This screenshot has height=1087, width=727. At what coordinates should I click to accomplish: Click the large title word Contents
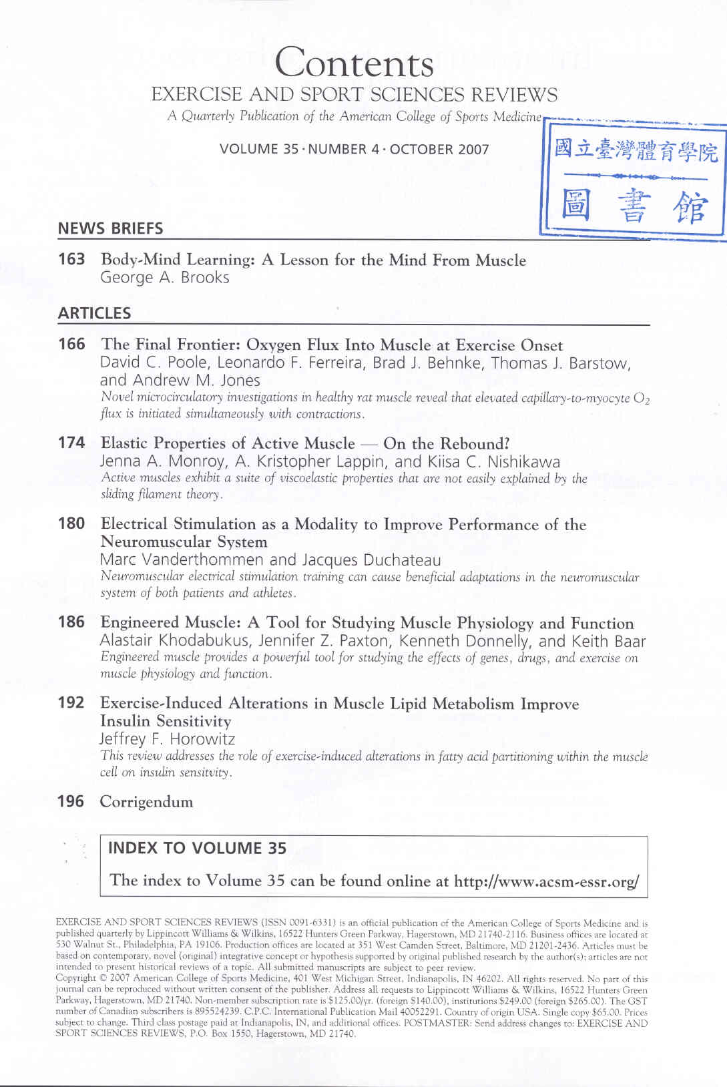[x=354, y=63]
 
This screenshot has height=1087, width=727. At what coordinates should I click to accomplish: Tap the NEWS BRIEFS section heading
[x=110, y=228]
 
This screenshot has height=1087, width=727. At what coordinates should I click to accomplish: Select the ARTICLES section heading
[x=94, y=313]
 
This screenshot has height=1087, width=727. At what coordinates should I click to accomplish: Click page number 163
[x=71, y=259]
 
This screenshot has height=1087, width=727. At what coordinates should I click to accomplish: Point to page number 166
[x=71, y=344]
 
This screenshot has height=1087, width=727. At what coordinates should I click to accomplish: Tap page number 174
[x=71, y=443]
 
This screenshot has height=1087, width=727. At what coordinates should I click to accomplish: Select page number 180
[x=71, y=523]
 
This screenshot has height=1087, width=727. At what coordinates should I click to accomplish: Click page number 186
[x=71, y=622]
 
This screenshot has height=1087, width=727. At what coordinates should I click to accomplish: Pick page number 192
[x=71, y=702]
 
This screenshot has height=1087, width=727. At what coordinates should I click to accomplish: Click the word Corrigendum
[x=146, y=802]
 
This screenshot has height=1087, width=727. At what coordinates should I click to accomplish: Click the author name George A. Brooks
[x=164, y=278]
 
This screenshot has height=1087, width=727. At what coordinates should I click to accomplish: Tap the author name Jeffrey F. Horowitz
[x=167, y=739]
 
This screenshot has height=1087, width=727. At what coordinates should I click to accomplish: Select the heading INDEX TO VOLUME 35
[x=197, y=848]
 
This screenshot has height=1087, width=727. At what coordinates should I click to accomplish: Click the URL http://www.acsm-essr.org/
[x=546, y=881]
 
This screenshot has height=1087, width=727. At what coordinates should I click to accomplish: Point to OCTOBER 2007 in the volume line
[x=439, y=149]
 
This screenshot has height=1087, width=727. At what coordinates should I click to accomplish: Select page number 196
[x=71, y=801]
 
